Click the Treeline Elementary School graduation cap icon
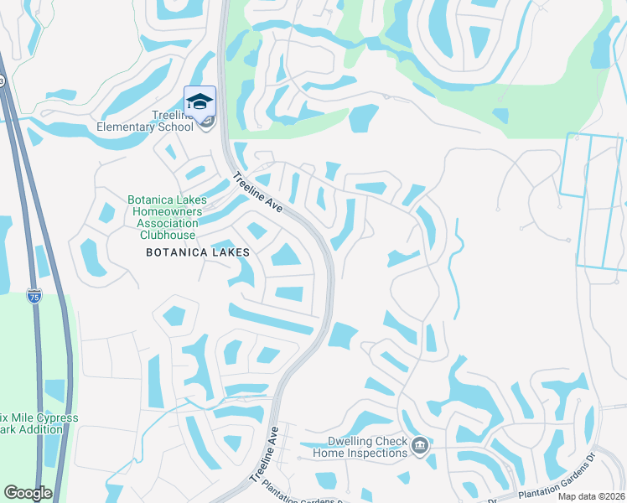(x=199, y=101)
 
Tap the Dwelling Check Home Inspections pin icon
(x=421, y=444)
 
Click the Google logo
(x=28, y=494)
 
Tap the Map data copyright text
(x=592, y=496)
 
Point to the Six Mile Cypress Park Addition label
(x=39, y=423)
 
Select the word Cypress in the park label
(x=54, y=417)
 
